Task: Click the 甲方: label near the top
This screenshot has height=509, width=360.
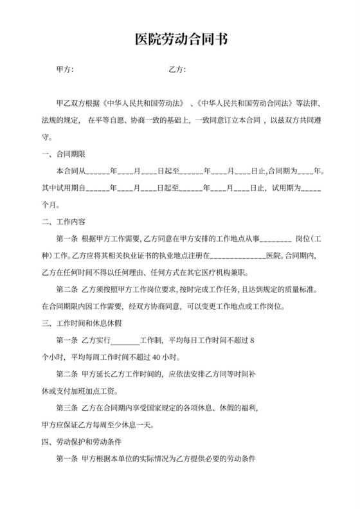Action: pyautogui.click(x=66, y=69)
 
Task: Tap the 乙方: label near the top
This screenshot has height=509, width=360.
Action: pyautogui.click(x=177, y=69)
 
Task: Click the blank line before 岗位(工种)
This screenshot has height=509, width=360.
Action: pyautogui.click(x=276, y=239)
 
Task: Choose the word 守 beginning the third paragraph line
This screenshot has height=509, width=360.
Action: pyautogui.click(x=44, y=137)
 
